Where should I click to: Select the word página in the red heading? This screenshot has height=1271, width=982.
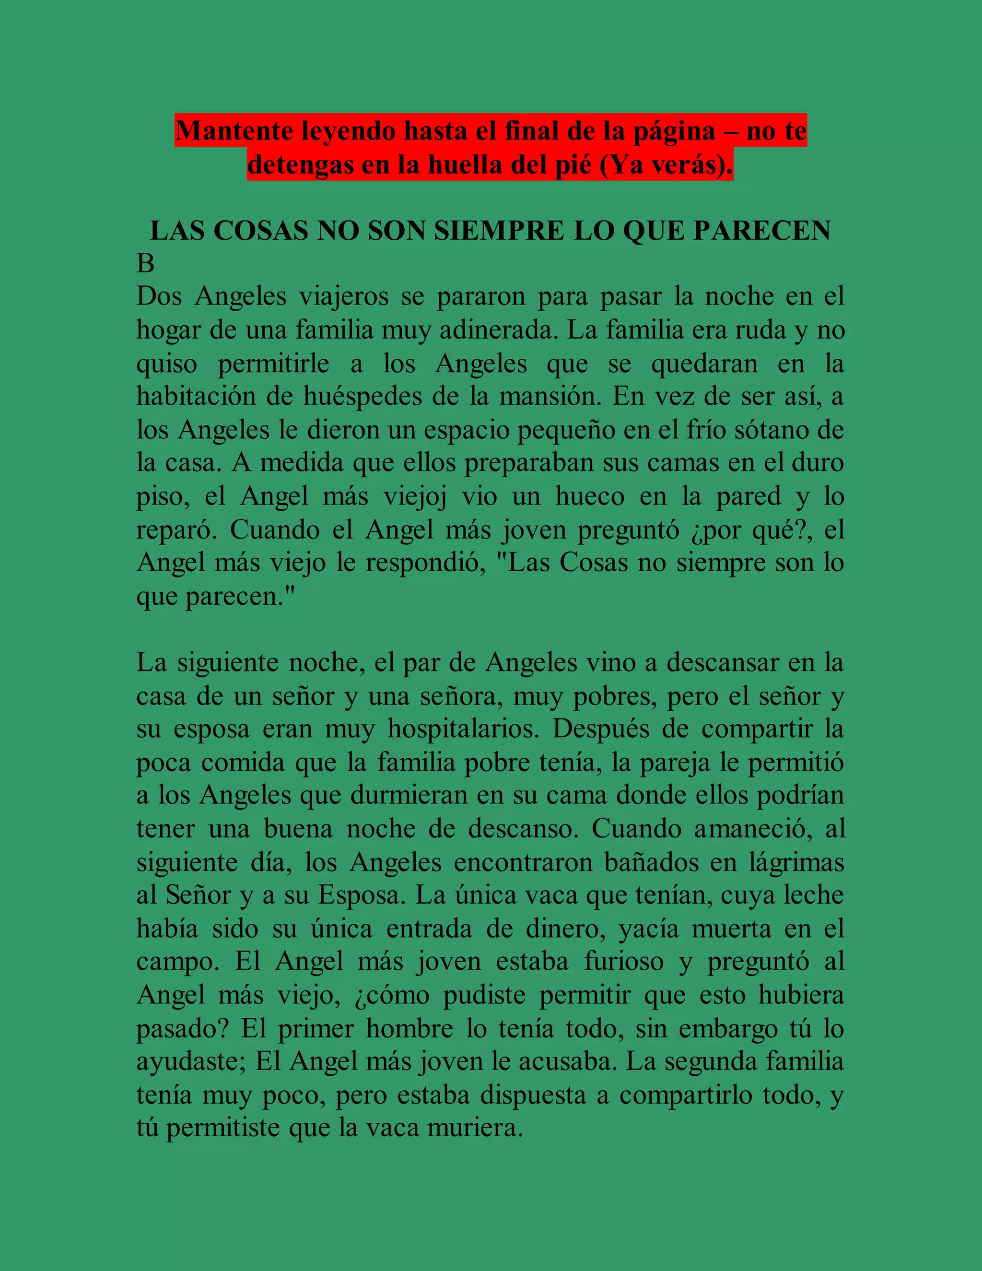pyautogui.click(x=674, y=131)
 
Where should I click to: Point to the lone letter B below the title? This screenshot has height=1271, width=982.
pyautogui.click(x=145, y=264)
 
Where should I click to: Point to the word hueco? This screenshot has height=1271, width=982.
pyautogui.click(x=590, y=496)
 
